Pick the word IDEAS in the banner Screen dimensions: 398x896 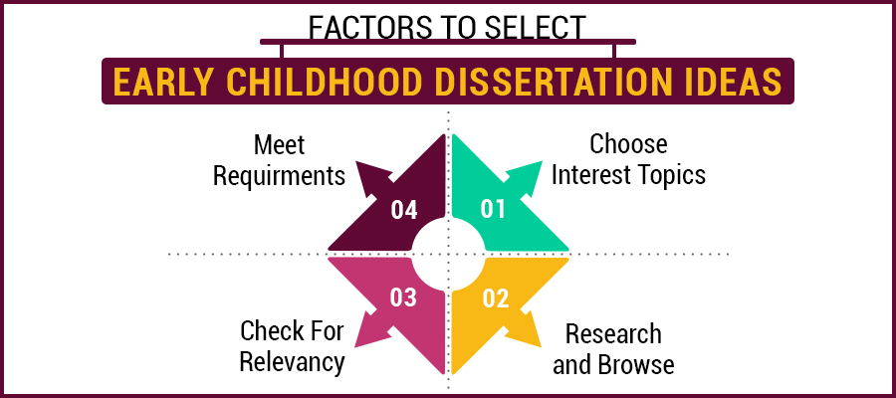[x=736, y=83]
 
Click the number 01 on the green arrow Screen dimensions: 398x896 [x=495, y=209]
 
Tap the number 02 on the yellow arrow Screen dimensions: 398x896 [x=495, y=298]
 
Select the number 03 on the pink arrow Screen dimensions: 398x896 [x=403, y=298]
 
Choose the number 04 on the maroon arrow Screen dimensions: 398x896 [x=403, y=209]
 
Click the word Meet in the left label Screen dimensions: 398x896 [x=279, y=145]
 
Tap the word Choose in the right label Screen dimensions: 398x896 [x=628, y=144]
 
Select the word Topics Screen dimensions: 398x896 [x=673, y=175]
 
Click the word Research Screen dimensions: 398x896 [x=612, y=332]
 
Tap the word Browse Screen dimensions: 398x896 [x=636, y=364]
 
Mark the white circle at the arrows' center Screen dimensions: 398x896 [x=449, y=254]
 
